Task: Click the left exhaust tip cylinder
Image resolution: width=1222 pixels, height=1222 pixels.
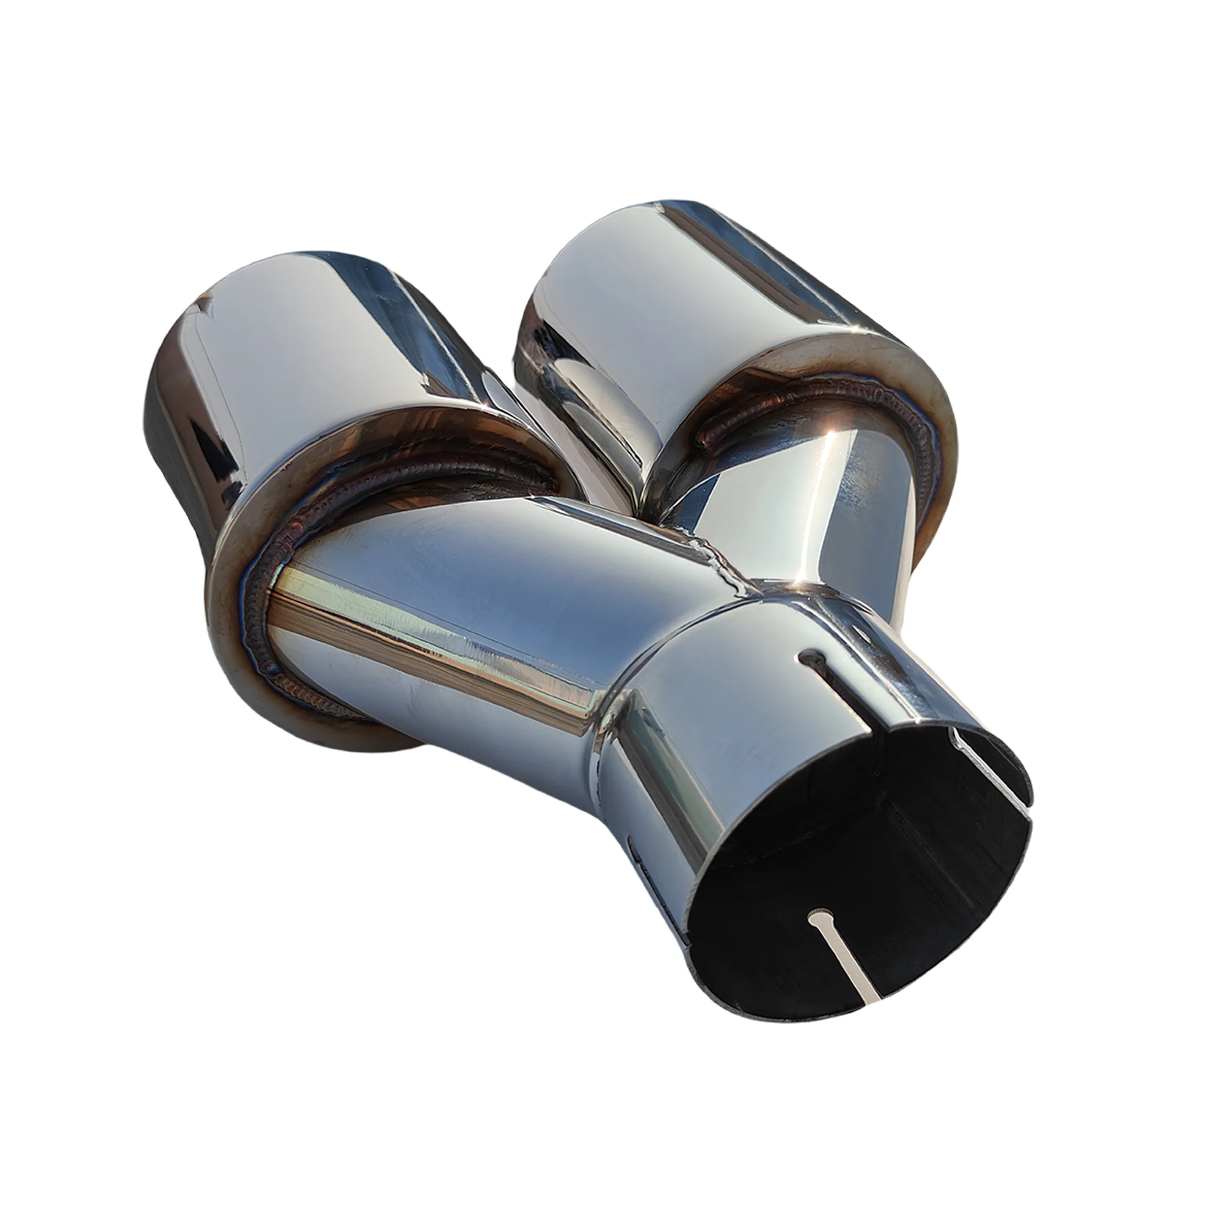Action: coord(316,354)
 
